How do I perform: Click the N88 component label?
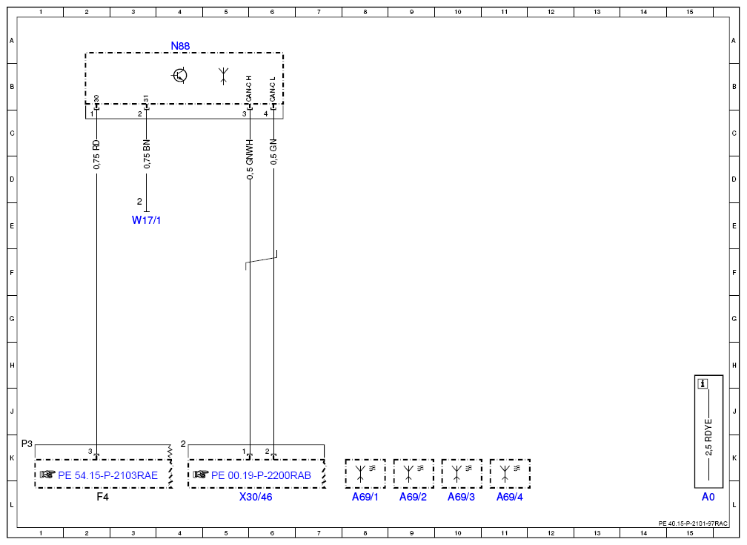click(180, 46)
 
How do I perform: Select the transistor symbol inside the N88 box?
click(179, 76)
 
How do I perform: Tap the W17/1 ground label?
click(146, 220)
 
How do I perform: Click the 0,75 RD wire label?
click(96, 154)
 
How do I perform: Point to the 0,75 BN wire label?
click(147, 154)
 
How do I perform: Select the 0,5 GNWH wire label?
click(250, 159)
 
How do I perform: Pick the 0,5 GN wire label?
click(273, 152)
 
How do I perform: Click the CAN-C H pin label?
click(249, 89)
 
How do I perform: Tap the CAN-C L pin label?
click(273, 90)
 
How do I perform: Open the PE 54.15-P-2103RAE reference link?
click(107, 475)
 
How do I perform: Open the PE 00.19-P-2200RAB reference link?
click(261, 475)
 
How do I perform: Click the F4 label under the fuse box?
click(102, 497)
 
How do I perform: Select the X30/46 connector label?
click(256, 497)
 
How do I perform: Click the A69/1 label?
click(365, 497)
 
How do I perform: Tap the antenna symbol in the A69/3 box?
click(456, 473)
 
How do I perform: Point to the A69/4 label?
click(510, 497)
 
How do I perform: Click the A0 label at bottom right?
click(708, 497)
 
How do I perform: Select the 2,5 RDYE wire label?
click(709, 437)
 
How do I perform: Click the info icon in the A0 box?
click(703, 383)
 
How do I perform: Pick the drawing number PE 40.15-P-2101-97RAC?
click(693, 523)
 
